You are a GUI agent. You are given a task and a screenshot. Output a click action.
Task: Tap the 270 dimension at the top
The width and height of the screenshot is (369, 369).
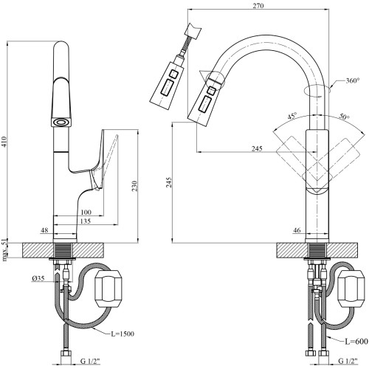258,5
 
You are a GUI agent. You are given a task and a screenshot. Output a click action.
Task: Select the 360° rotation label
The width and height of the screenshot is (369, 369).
352,80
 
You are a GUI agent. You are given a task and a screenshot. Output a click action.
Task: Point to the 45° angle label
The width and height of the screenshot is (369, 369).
292,117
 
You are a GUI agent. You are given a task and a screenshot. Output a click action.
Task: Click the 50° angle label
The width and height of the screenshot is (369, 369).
345,117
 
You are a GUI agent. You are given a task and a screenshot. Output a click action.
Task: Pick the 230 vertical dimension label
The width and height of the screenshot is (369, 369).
134,186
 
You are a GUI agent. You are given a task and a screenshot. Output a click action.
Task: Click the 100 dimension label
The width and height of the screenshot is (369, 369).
86,212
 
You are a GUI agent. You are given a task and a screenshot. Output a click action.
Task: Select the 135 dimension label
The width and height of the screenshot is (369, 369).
86,221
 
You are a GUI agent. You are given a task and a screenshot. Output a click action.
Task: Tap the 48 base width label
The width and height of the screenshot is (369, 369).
44,230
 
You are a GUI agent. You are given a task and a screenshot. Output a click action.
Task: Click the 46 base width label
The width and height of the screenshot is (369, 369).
297,230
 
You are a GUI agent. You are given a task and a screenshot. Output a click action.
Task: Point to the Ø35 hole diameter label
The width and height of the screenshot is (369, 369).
38,278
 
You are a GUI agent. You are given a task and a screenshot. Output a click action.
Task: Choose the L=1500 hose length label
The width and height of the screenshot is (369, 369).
123,334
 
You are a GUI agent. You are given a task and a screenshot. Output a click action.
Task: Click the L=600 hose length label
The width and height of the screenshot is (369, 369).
356,341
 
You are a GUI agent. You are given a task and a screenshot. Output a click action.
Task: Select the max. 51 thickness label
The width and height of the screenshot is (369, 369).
5,249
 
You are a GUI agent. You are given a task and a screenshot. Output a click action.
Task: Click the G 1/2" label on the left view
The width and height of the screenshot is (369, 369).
90,361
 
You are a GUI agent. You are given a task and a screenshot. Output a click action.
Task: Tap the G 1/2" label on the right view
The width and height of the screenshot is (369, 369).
348,361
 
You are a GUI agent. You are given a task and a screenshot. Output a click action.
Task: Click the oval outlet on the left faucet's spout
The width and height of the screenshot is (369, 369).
61,123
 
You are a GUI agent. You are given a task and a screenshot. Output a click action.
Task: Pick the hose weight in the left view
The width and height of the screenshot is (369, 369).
108,289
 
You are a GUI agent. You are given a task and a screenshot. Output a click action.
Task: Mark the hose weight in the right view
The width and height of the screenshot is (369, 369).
351,289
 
